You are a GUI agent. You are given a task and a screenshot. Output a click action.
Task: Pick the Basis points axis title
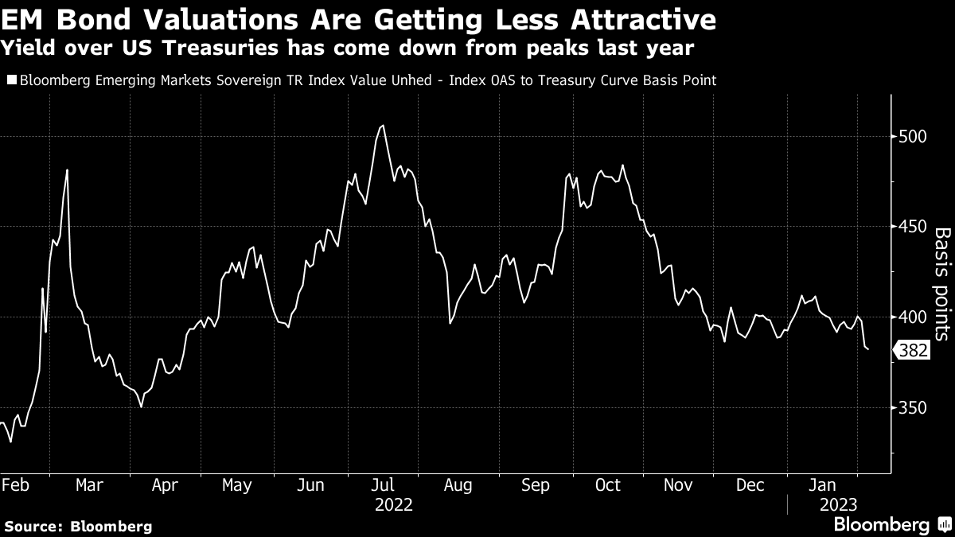[x=941, y=284]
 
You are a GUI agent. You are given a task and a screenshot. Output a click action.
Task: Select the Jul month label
[x=384, y=484]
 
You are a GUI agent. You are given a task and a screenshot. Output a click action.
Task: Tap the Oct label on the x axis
[x=608, y=484]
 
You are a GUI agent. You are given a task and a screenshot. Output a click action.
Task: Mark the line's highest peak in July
[x=384, y=125]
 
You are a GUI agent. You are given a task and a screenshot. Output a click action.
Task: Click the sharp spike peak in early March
[x=67, y=169]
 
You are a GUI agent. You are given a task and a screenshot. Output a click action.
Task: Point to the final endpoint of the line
[x=867, y=348]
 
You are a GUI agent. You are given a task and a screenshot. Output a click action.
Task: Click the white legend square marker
[x=10, y=80]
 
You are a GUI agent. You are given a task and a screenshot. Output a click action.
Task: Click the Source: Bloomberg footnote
[x=78, y=526]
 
